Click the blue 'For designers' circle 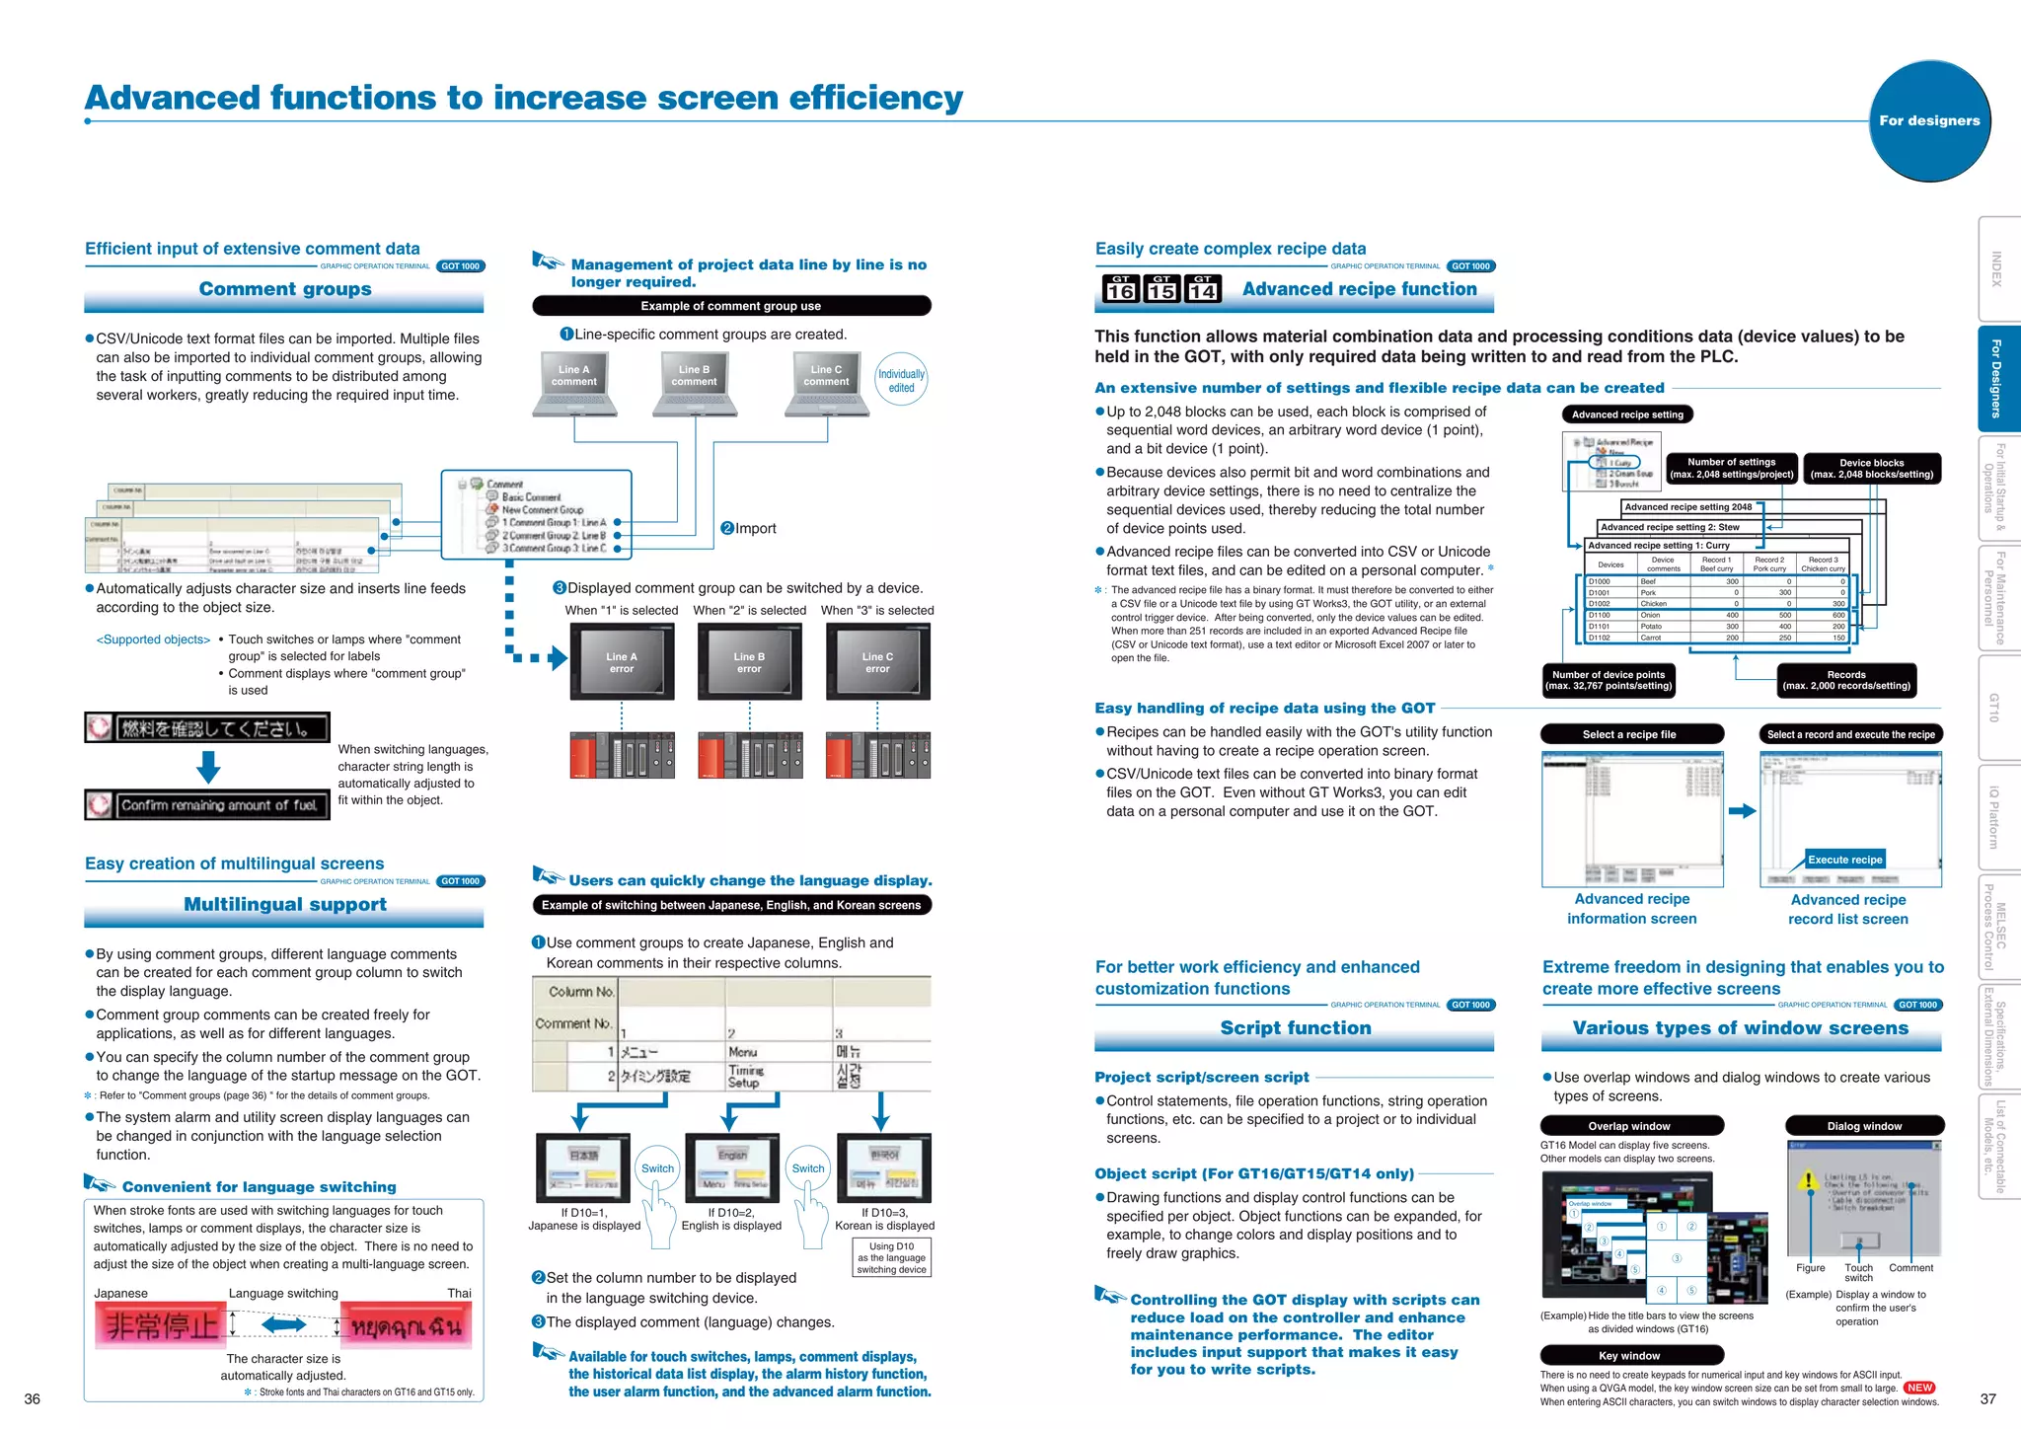click(x=1929, y=120)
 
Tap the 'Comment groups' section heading click(x=284, y=289)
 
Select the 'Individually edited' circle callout click(x=901, y=380)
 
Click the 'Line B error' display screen click(x=749, y=662)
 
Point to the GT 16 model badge click(x=1120, y=288)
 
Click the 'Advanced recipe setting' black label click(x=1627, y=414)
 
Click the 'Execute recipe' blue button click(x=1844, y=860)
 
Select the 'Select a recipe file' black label click(x=1630, y=734)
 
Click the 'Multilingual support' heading click(x=284, y=905)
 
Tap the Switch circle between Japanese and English click(x=657, y=1168)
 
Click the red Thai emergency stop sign click(x=407, y=1325)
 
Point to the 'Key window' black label click(x=1630, y=1355)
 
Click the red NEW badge click(x=1919, y=1388)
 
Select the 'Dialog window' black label click(x=1863, y=1126)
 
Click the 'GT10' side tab click(x=1996, y=707)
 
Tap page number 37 click(x=1987, y=1398)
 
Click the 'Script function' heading click(x=1295, y=1028)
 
